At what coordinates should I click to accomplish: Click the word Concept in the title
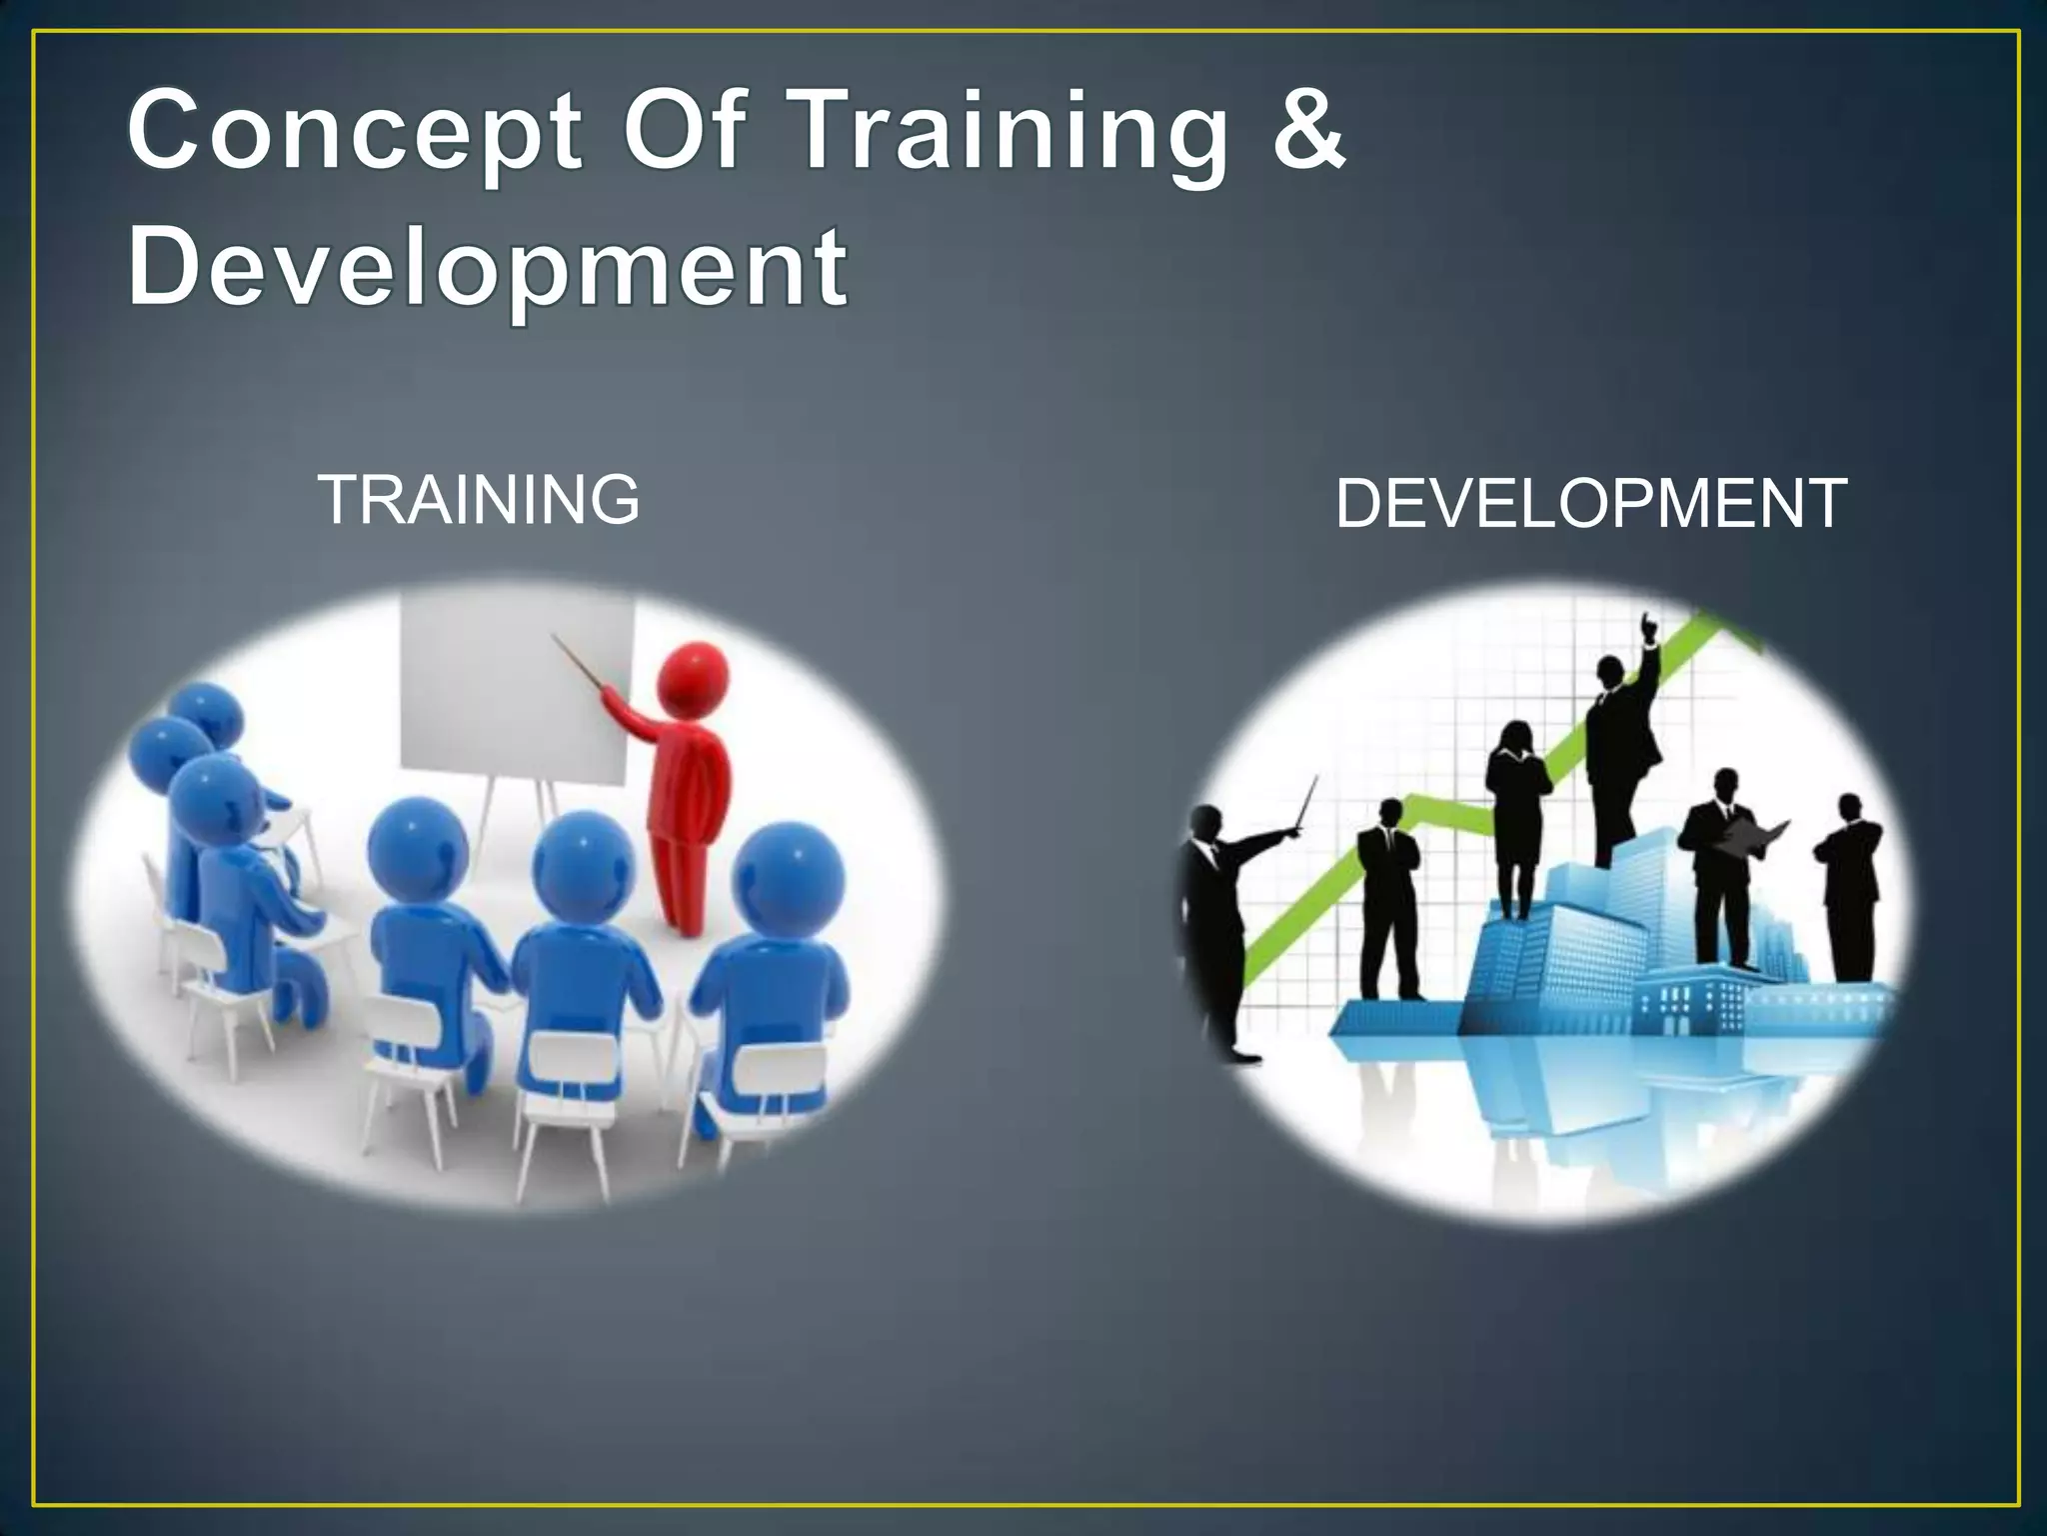(x=355, y=132)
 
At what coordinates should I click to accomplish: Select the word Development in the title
(x=488, y=268)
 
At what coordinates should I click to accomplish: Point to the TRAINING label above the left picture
(x=479, y=500)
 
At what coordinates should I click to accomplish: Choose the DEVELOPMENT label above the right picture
(x=1590, y=503)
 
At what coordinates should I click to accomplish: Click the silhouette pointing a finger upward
(x=1619, y=740)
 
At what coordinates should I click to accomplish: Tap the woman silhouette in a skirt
(x=1515, y=810)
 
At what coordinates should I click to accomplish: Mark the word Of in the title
(x=686, y=132)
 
